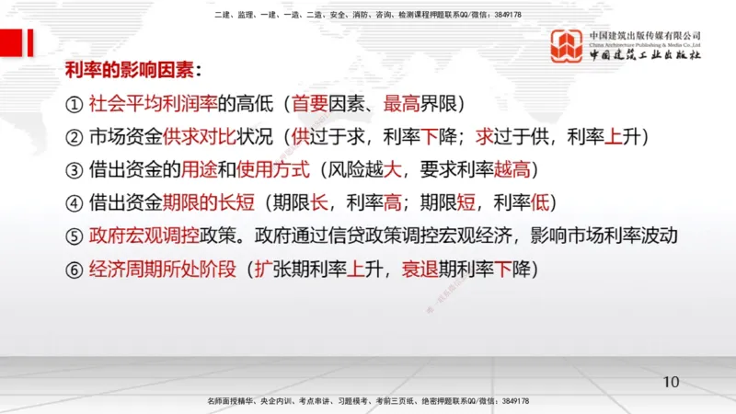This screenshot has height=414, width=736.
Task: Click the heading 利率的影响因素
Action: (131, 71)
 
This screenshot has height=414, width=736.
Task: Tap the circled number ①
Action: (75, 104)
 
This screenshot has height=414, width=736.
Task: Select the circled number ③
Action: (75, 170)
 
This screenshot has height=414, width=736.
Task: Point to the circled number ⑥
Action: (75, 270)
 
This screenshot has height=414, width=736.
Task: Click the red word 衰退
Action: (420, 270)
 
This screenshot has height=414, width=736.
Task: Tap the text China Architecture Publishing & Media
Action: (645, 44)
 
